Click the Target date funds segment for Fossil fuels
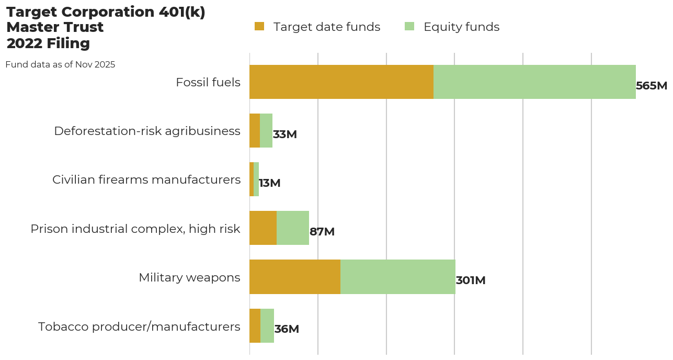[x=341, y=82]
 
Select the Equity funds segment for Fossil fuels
[x=534, y=82]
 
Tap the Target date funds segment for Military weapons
[x=295, y=277]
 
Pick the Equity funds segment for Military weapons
[x=398, y=277]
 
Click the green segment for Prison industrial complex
[x=293, y=228]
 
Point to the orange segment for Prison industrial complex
[x=263, y=228]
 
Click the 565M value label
[x=652, y=86]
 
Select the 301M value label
[x=471, y=280]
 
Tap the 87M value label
[x=322, y=232]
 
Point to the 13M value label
[x=270, y=183]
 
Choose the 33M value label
[x=285, y=134]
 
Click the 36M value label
[x=287, y=329]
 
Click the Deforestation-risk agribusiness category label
[x=147, y=131]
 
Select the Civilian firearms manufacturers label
[x=146, y=179]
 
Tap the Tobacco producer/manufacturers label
[x=139, y=327]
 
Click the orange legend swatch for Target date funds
[x=259, y=27]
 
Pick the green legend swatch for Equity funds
[x=409, y=27]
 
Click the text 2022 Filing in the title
[x=48, y=43]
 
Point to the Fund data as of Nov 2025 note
[x=60, y=65]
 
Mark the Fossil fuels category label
[x=208, y=82]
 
